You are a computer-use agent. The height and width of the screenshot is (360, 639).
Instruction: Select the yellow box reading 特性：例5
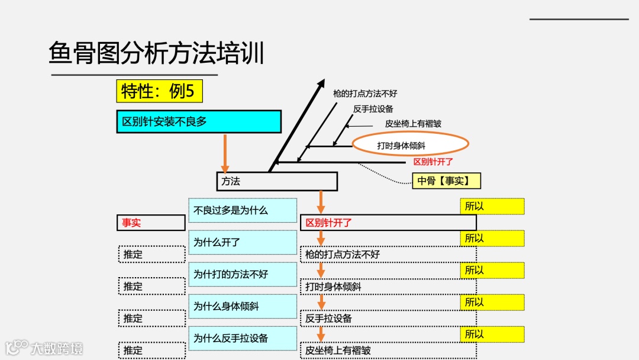point(159,92)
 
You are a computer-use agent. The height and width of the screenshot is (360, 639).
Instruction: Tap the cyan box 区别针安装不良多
point(198,122)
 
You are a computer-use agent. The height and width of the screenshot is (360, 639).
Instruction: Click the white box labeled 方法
point(276,181)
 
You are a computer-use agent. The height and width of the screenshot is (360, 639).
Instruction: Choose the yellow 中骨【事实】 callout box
point(447,181)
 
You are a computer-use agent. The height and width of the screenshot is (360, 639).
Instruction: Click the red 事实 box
point(151,223)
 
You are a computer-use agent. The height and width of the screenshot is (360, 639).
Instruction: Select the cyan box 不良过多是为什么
point(243,210)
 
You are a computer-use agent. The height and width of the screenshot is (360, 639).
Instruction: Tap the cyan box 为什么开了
point(243,242)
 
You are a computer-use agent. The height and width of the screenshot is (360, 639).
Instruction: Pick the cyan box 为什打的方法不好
point(243,274)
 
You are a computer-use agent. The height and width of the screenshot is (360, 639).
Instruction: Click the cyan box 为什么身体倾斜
point(243,306)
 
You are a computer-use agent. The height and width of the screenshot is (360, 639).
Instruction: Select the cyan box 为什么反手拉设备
point(243,338)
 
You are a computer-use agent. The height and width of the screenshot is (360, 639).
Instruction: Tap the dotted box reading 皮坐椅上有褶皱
point(388,351)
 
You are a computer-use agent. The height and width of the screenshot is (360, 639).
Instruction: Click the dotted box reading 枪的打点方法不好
point(388,255)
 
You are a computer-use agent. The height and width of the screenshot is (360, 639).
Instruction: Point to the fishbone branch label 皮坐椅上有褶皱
point(413,124)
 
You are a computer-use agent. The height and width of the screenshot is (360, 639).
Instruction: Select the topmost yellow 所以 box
point(492,206)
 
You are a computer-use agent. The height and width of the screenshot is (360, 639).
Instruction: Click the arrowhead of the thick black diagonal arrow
point(321,83)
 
